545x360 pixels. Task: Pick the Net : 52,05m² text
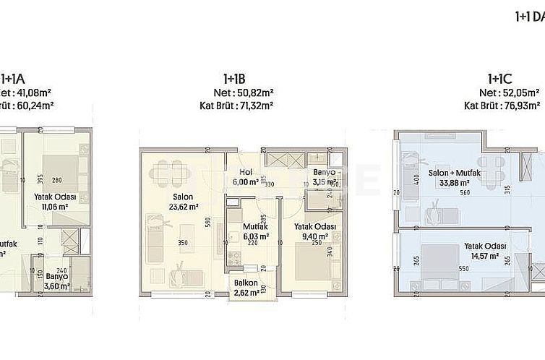[498, 93]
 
